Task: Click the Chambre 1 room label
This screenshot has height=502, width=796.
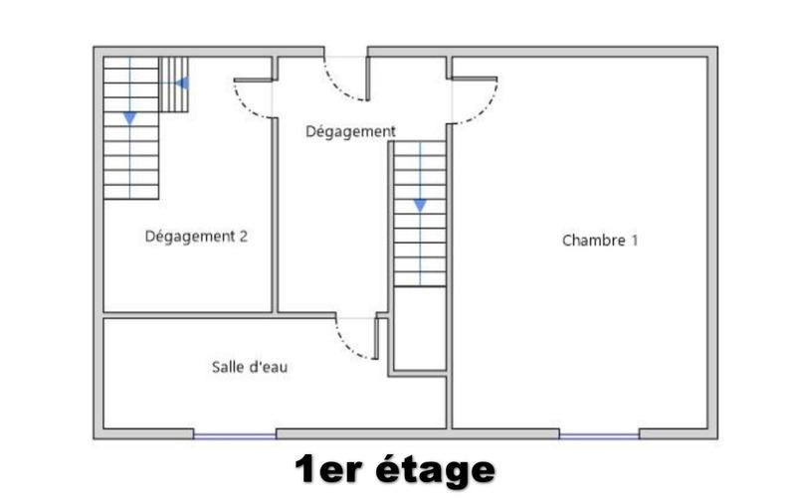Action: tap(599, 240)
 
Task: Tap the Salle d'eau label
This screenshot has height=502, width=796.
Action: tap(250, 367)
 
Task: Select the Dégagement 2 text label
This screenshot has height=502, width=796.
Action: tap(196, 237)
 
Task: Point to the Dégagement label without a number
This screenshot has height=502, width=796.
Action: tap(350, 131)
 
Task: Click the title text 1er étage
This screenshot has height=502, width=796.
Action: tap(394, 470)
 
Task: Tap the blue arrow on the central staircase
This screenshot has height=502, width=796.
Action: tap(420, 205)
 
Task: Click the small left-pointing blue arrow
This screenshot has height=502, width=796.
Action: tap(181, 83)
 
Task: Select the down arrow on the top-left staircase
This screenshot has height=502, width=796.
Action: tap(130, 117)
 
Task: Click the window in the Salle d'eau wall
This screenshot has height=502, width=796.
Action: tap(234, 434)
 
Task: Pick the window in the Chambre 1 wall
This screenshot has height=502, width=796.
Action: tap(599, 434)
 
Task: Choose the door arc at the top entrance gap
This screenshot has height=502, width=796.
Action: tap(343, 88)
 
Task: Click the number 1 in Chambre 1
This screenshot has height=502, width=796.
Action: tap(634, 240)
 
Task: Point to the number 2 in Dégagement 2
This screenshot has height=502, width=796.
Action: tap(242, 237)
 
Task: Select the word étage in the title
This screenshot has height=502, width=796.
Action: tap(435, 470)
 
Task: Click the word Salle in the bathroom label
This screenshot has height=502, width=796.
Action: tap(226, 367)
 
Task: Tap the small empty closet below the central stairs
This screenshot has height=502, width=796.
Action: tap(420, 328)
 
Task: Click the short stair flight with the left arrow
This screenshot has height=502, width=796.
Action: tap(175, 84)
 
